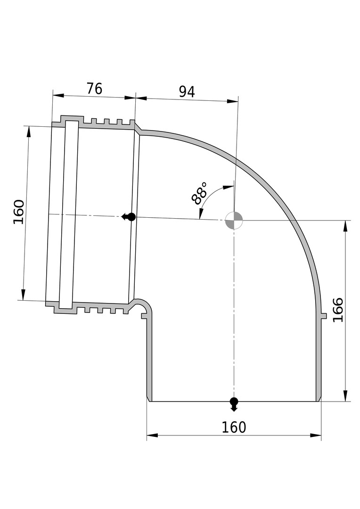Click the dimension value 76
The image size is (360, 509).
94,88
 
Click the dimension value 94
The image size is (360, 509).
187,92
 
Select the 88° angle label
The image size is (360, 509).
199,194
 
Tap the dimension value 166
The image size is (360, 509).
338,310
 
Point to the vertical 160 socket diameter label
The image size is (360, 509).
19,212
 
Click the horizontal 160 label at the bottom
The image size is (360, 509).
234,427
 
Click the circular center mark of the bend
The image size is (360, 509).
234,220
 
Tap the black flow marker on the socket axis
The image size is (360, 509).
129,217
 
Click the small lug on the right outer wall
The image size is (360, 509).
324,315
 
